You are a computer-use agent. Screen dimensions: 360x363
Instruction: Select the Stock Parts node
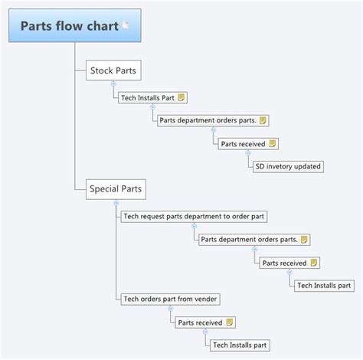pos(113,70)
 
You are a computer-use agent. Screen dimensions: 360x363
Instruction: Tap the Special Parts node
pos(115,188)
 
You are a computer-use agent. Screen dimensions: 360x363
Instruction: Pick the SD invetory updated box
pos(289,165)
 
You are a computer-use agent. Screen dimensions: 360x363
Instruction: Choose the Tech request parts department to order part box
pos(194,217)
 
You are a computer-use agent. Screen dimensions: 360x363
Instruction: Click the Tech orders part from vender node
pos(167,299)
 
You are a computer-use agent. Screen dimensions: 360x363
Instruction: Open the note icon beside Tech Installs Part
pos(182,98)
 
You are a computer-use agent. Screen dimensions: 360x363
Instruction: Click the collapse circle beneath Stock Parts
pos(113,83)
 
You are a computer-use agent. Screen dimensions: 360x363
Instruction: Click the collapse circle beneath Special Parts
pos(115,201)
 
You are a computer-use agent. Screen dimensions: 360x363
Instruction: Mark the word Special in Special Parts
pos(103,188)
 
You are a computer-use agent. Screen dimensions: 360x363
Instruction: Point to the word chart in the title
pos(99,27)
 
